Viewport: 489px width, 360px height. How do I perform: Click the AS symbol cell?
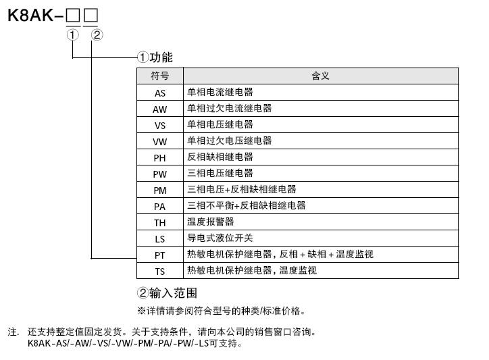[160, 93]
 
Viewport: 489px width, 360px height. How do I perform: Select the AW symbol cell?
[160, 109]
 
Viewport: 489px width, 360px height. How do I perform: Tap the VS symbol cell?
[160, 125]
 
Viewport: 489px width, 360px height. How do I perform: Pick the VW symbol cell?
[160, 141]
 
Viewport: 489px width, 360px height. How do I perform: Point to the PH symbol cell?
[160, 157]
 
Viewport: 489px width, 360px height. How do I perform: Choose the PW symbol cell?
[160, 174]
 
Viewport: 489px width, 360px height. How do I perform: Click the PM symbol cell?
[160, 190]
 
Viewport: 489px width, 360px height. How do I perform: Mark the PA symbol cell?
[160, 206]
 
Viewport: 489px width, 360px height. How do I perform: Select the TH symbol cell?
[160, 222]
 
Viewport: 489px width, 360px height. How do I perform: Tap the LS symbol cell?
[160, 238]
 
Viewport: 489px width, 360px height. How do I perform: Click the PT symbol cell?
[160, 255]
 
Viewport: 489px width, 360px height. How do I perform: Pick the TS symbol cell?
[160, 271]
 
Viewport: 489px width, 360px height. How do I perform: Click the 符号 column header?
[160, 76]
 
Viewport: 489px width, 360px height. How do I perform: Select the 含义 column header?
[321, 76]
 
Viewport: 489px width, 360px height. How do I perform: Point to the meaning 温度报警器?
[210, 222]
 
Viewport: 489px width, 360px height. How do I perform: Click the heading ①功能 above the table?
[155, 57]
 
